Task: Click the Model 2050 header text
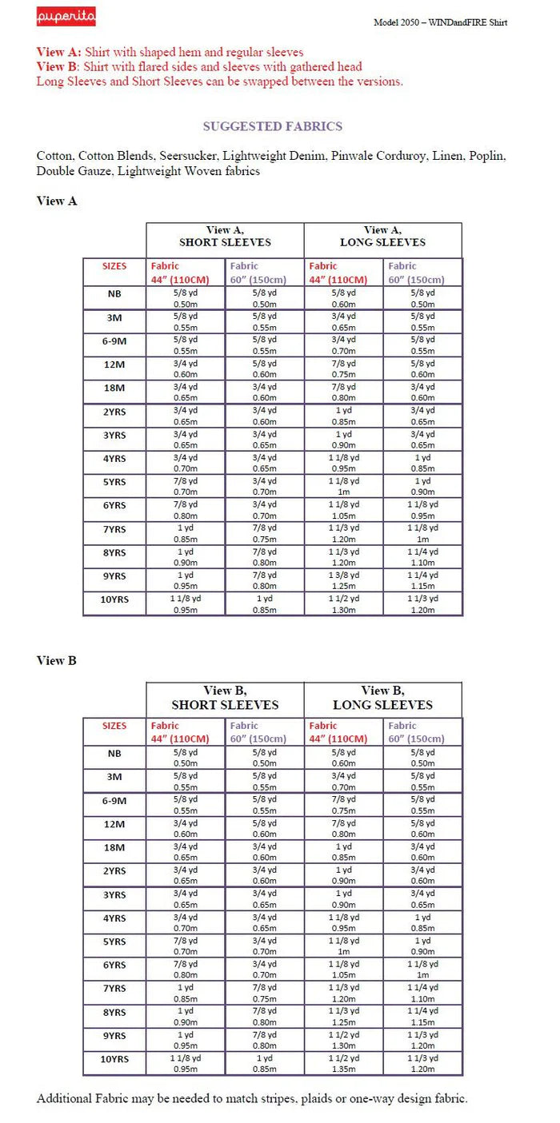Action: click(x=440, y=22)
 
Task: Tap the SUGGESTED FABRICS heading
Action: click(x=272, y=126)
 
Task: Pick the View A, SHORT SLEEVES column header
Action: click(x=225, y=236)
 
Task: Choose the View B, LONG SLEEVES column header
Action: click(x=383, y=697)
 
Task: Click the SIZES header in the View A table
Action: click(x=114, y=266)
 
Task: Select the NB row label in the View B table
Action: click(x=114, y=753)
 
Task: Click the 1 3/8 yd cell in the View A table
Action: click(x=343, y=575)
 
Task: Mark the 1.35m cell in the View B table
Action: click(x=343, y=1069)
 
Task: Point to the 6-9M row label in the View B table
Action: click(x=114, y=800)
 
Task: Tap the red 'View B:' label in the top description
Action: click(x=59, y=66)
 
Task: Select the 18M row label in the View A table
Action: click(x=114, y=388)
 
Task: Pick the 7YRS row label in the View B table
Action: click(x=114, y=989)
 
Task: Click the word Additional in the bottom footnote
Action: click(x=66, y=1099)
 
